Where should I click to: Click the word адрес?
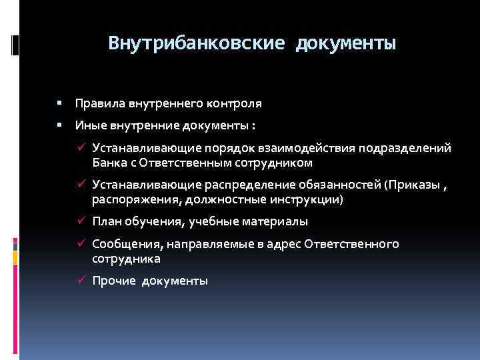point(285,244)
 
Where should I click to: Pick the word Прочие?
point(113,281)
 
